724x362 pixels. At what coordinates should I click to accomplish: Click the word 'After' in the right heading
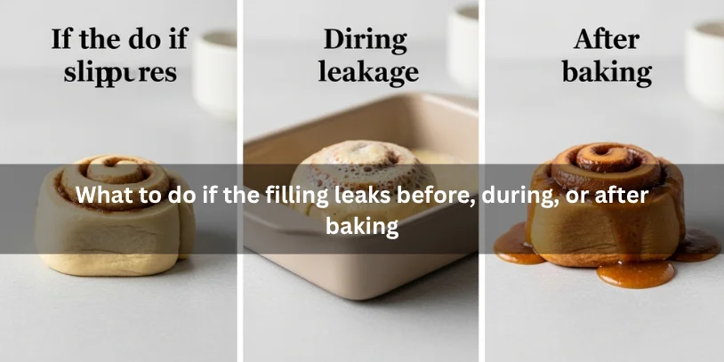tap(606, 40)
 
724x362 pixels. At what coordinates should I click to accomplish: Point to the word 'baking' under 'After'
tap(606, 72)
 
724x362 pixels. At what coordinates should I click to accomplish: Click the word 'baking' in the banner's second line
tap(361, 226)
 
